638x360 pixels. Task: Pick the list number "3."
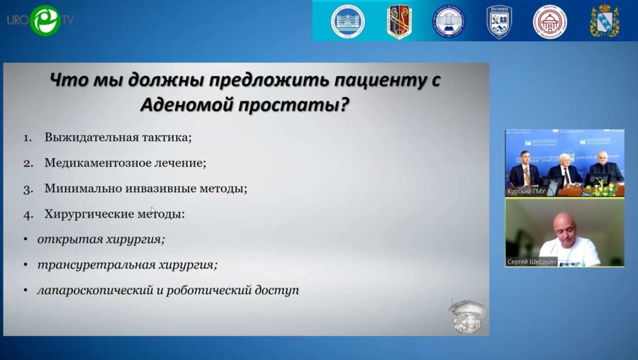[28, 189]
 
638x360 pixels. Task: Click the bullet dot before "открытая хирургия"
[26, 240]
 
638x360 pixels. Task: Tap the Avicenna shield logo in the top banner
[499, 21]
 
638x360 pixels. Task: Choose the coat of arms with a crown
[605, 21]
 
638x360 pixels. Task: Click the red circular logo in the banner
[549, 21]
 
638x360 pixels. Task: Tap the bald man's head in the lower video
[564, 224]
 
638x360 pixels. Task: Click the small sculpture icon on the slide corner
[466, 315]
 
